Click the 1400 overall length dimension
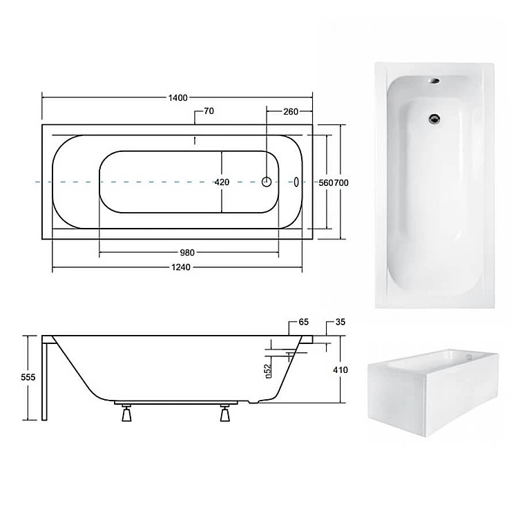(178, 98)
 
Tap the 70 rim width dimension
(209, 111)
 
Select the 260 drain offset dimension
(291, 112)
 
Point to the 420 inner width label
(222, 182)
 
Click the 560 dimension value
(326, 183)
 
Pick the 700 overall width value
(341, 183)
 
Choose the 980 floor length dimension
(187, 253)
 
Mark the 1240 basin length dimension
(181, 267)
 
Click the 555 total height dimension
(28, 377)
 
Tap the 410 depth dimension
(340, 370)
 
